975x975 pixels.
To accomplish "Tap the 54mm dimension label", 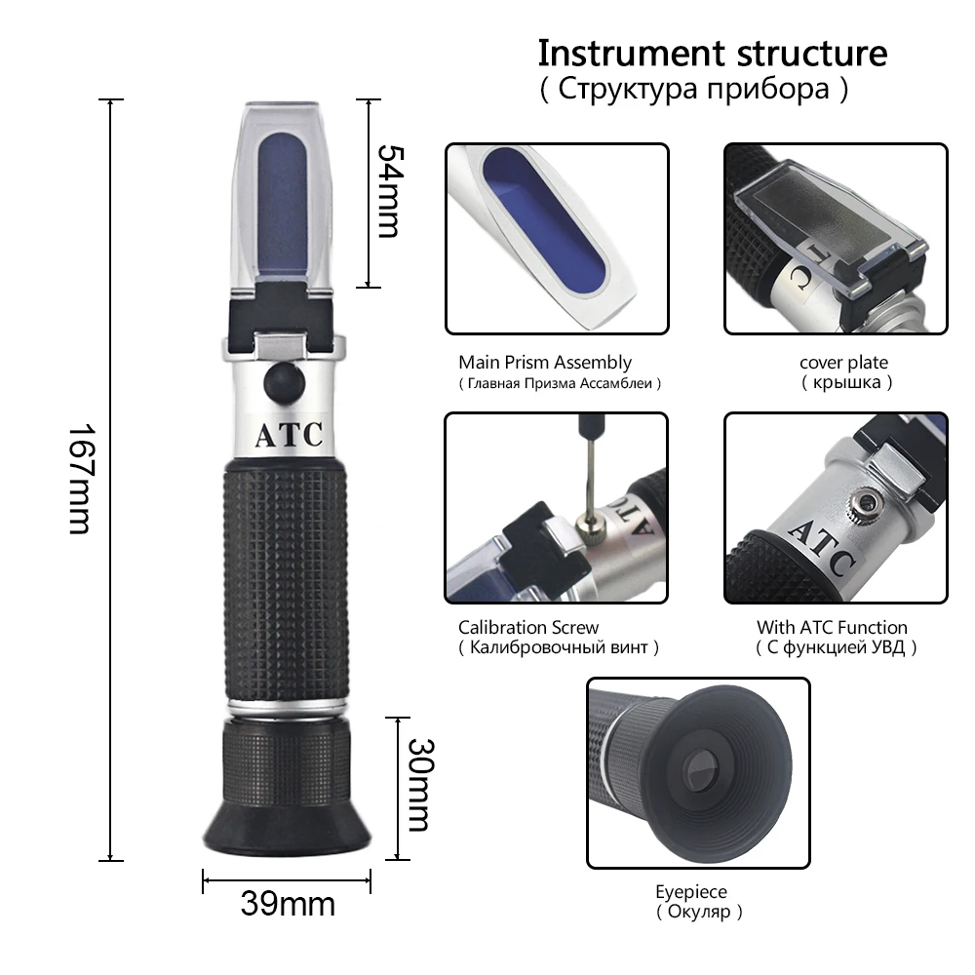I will pyautogui.click(x=387, y=191).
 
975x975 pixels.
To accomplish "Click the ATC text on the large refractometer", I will pyautogui.click(x=288, y=435).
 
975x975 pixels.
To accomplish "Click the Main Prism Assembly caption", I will pyautogui.click(x=545, y=363).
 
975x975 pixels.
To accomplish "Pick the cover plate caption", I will pyautogui.click(x=844, y=363).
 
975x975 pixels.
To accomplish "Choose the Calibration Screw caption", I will pyautogui.click(x=528, y=627).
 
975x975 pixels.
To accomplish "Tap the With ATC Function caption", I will pyautogui.click(x=832, y=627).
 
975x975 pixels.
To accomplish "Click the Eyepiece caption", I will pyautogui.click(x=690, y=891).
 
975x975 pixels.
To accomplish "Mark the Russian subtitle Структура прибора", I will pyautogui.click(x=693, y=90).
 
